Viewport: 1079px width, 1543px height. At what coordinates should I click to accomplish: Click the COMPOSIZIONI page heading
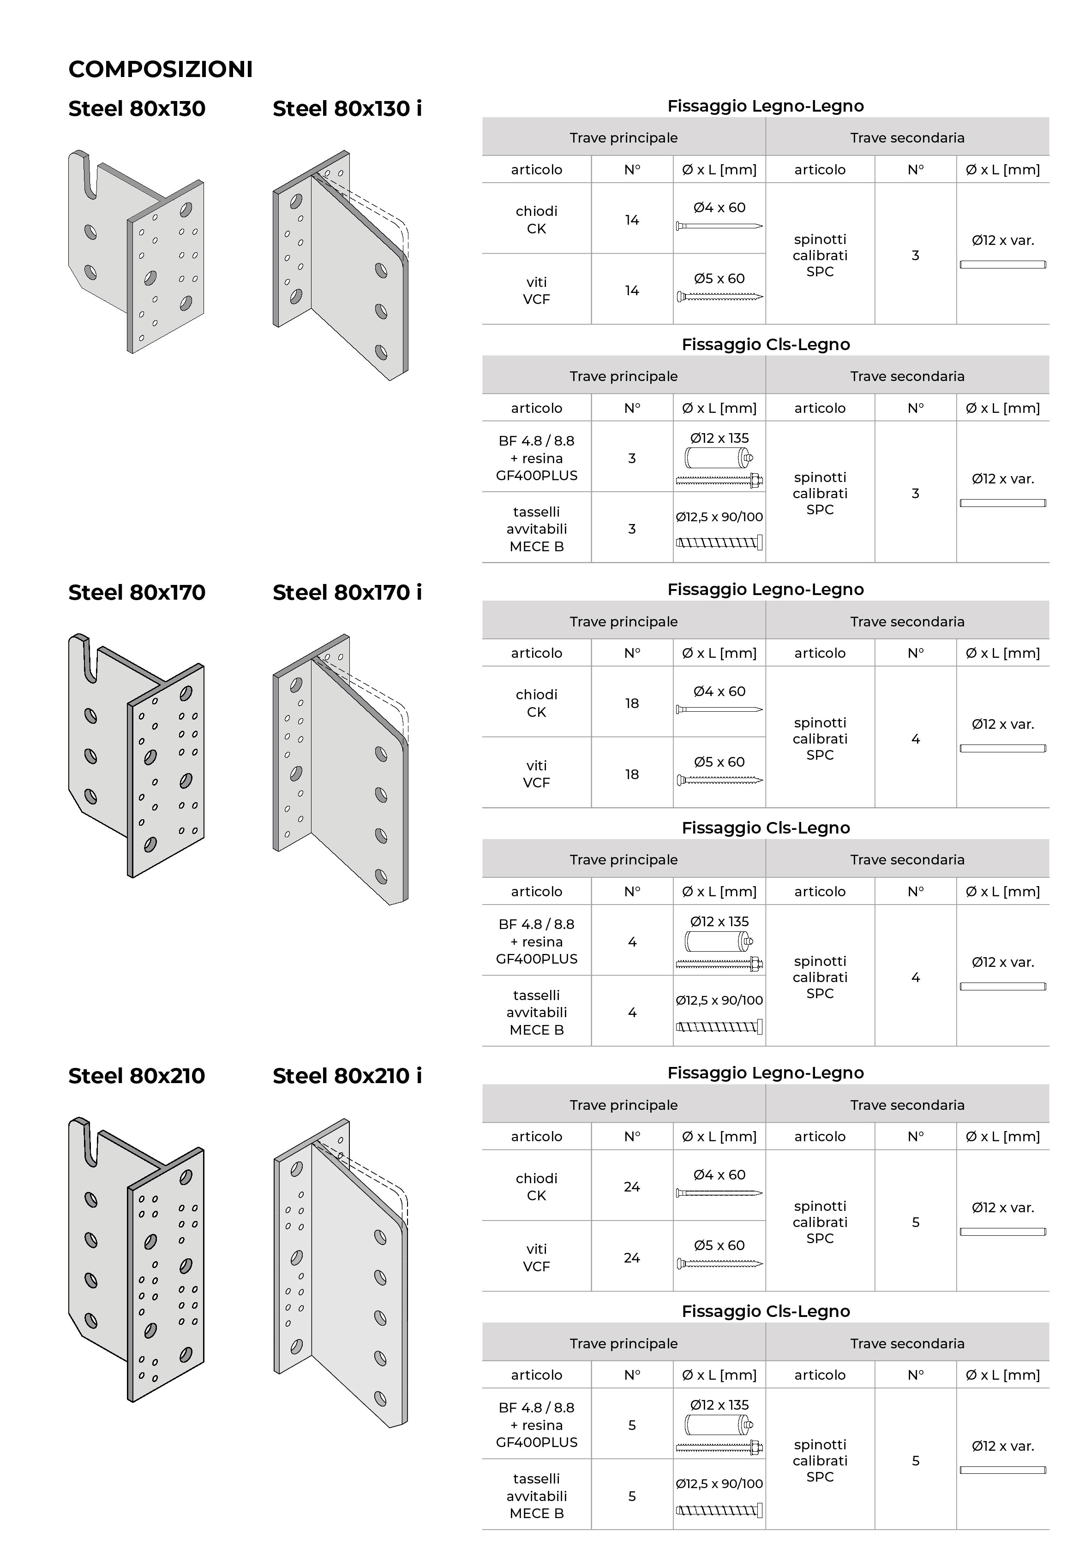coord(161,69)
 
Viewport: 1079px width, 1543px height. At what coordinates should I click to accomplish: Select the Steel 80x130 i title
coord(347,109)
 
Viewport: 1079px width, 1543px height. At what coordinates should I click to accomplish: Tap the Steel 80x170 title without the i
coord(137,593)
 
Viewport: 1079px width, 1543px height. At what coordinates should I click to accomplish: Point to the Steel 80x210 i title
coord(347,1076)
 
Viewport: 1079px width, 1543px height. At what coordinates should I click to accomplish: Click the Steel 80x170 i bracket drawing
coord(341,769)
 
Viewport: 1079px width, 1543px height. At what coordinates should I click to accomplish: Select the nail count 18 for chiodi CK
coord(631,703)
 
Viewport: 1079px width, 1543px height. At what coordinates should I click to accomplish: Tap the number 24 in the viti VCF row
coord(631,1258)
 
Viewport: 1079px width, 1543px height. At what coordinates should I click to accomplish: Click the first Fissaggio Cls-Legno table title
coord(765,345)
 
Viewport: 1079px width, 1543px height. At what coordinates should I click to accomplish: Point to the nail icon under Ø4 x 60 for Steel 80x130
coord(719,226)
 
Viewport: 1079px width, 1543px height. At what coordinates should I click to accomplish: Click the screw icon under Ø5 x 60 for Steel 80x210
coord(719,1264)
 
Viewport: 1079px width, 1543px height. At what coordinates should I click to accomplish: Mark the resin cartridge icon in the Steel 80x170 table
coord(719,941)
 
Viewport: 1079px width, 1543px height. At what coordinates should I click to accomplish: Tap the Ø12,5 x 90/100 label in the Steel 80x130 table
coord(719,517)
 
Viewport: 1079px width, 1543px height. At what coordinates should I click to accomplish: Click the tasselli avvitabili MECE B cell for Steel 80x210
coord(536,1496)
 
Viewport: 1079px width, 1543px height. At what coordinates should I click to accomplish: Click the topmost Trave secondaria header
coord(907,138)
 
